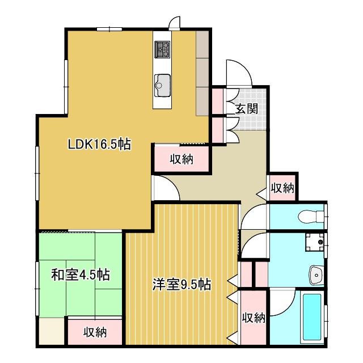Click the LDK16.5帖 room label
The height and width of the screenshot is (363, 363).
coord(99,145)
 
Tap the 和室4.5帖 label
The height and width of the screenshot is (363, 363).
coord(81,275)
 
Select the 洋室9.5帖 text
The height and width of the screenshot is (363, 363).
coord(181,284)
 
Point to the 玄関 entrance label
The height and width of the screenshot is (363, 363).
coord(247,109)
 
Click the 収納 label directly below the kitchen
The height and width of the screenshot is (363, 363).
coord(181,159)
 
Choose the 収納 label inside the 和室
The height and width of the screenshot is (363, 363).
coord(95,332)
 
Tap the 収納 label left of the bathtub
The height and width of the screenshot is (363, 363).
coord(254,318)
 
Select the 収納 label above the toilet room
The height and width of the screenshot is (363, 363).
coord(282,188)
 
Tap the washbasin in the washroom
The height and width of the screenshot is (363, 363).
coord(315,275)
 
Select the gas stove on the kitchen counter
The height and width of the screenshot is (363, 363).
coord(162,50)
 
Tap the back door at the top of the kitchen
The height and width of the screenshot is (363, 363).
coord(174,23)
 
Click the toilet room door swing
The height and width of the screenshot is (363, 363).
coord(254,214)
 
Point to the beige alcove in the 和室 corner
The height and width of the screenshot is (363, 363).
coord(52,331)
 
